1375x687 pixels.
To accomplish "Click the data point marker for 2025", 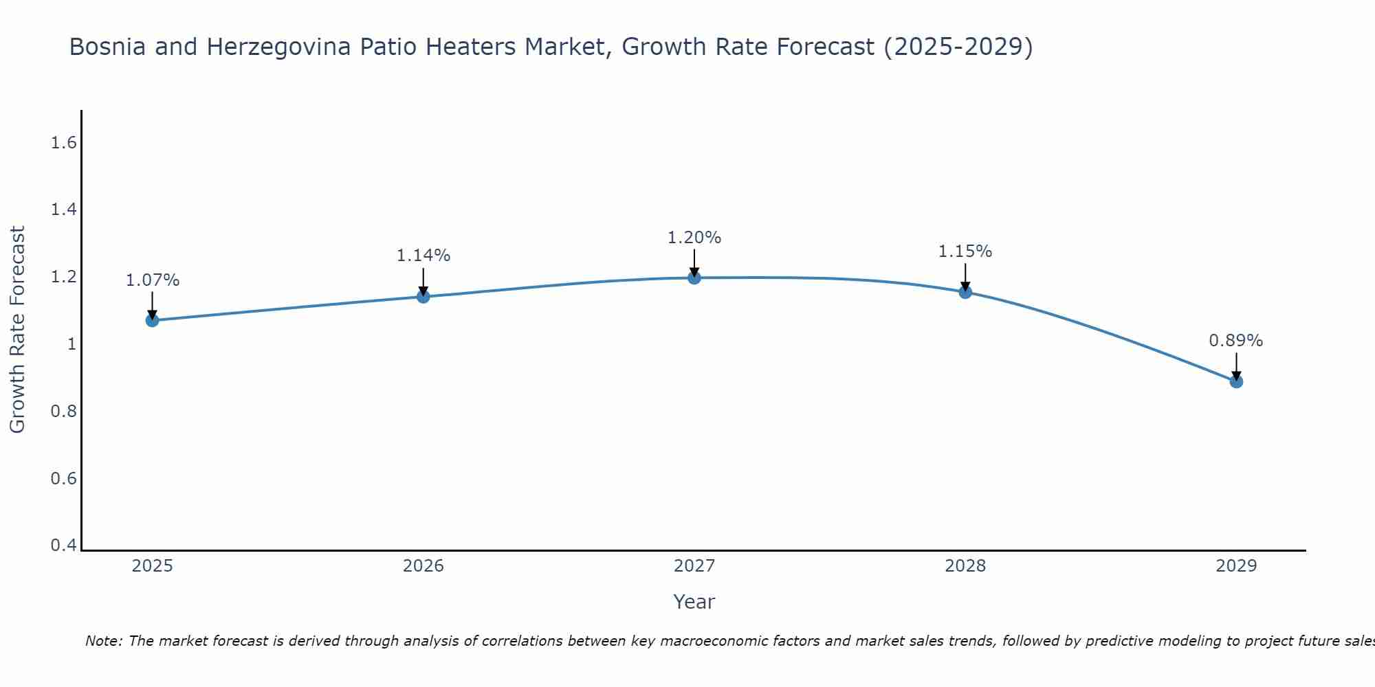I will (152, 320).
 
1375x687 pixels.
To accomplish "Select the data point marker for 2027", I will (694, 278).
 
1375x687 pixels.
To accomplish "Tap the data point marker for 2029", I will (1235, 381).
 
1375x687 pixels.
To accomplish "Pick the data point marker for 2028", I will (965, 292).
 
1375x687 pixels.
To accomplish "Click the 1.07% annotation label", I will (152, 280).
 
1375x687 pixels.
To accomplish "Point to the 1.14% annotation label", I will (423, 256).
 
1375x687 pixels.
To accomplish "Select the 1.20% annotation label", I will (694, 238).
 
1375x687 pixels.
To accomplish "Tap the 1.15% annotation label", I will (965, 251).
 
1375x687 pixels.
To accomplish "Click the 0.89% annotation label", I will (1235, 341).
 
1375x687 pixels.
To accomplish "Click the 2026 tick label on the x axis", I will (423, 566).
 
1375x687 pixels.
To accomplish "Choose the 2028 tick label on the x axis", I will (965, 566).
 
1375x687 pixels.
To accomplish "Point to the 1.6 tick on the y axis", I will (63, 143).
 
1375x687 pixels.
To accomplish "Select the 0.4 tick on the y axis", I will (63, 545).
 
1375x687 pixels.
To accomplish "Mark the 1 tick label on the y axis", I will (71, 344).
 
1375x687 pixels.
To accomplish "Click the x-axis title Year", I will (694, 602).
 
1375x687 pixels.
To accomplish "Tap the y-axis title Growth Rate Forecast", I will (17, 330).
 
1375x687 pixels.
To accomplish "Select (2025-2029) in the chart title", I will (958, 47).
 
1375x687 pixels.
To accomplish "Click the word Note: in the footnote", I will (104, 641).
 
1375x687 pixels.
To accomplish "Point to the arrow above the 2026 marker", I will (423, 282).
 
